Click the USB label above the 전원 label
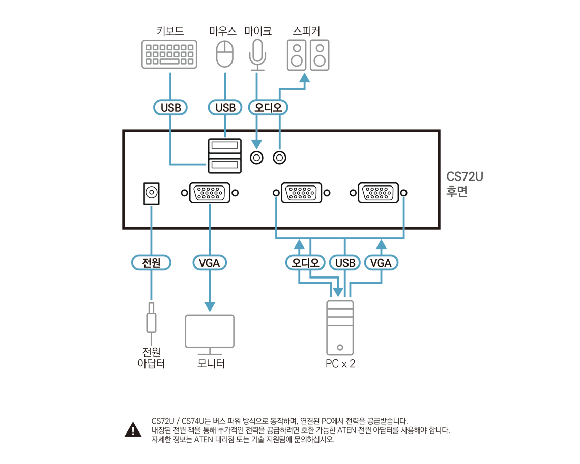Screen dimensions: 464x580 point(171,108)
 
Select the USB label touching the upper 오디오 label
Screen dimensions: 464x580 point(225,108)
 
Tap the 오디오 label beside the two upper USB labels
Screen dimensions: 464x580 point(269,108)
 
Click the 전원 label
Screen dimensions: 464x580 point(151,263)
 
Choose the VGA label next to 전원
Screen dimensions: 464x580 point(209,263)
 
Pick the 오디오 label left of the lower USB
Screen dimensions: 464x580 point(305,263)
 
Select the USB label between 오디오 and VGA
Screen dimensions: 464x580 point(345,263)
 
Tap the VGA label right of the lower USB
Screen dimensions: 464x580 point(381,263)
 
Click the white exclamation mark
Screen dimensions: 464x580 point(133,431)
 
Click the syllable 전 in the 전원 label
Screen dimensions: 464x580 point(147,263)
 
